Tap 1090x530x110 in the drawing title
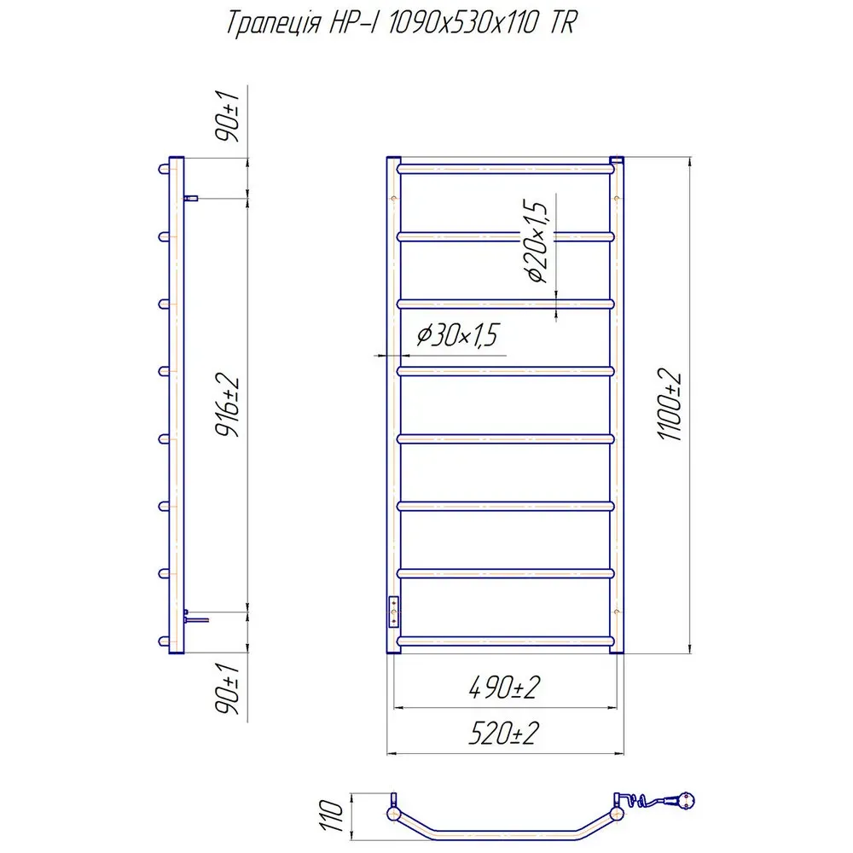click(x=463, y=23)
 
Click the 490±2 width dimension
click(x=504, y=688)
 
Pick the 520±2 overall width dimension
click(x=504, y=734)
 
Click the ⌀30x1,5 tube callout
click(x=457, y=334)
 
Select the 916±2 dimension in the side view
click(x=228, y=404)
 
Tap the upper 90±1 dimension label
click(x=228, y=116)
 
